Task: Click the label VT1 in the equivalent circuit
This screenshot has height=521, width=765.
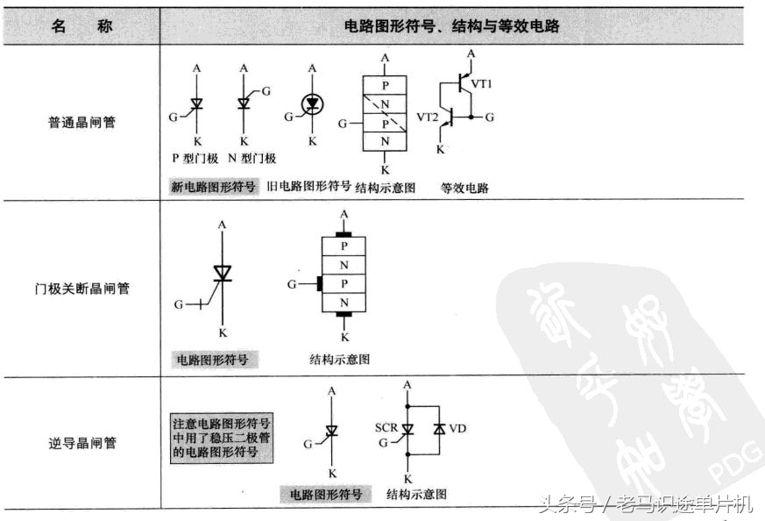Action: click(x=483, y=83)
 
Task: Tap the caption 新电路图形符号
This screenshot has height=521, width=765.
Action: click(x=214, y=187)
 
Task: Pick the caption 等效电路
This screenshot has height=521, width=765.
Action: click(x=464, y=187)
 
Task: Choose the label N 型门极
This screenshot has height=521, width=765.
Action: click(x=251, y=159)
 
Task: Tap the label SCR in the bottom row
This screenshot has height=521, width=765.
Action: click(x=386, y=427)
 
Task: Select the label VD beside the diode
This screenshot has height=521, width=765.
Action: click(x=458, y=429)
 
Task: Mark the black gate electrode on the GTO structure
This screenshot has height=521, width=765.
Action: click(x=319, y=284)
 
